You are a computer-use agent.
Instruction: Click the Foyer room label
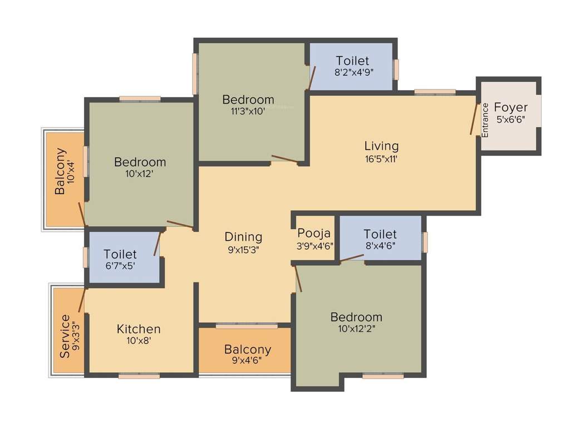point(510,108)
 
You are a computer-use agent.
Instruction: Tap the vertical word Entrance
point(485,120)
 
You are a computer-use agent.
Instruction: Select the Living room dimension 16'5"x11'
point(381,158)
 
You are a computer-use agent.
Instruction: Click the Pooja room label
point(314,233)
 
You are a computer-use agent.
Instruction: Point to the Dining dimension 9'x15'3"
point(243,250)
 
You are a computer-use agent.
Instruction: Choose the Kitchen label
point(139,329)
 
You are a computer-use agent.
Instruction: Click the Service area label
point(65,336)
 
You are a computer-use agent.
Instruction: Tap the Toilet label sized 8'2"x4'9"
point(352,60)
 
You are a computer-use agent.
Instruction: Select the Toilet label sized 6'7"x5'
point(120,254)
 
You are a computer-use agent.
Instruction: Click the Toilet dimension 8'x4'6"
point(380,246)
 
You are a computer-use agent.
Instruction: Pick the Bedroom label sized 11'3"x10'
point(248,100)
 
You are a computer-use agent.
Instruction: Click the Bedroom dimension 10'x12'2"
point(356,329)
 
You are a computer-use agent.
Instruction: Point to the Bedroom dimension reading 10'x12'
point(140,173)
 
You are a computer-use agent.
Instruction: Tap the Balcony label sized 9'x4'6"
point(248,349)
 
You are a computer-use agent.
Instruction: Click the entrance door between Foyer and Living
point(474,118)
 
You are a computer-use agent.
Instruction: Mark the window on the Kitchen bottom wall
point(139,376)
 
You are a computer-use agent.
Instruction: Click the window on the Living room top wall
point(435,92)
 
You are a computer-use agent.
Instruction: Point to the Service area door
point(82,300)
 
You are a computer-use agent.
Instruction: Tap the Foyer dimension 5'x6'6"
point(510,120)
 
